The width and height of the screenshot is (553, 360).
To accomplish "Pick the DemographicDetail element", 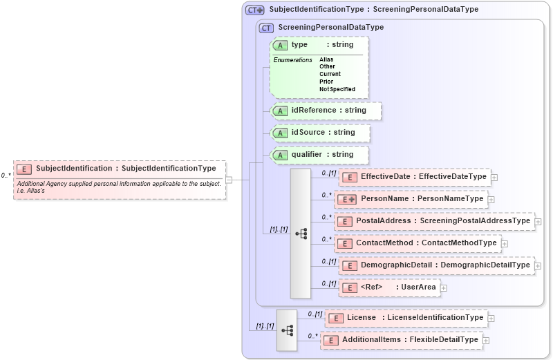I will point(435,265).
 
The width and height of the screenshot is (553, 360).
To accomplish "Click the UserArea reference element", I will point(388,287).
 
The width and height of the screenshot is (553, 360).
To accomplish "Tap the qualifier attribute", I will point(320,155).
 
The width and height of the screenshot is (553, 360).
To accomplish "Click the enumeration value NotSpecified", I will point(337,89).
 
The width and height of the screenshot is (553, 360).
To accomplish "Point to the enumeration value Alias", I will point(326,59).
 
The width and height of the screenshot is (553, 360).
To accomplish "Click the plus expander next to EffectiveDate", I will point(494,178).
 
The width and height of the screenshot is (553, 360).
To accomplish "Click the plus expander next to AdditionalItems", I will point(486,340).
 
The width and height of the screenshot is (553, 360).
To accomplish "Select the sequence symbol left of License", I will point(286,330).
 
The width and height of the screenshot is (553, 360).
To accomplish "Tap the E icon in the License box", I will point(336,318).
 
